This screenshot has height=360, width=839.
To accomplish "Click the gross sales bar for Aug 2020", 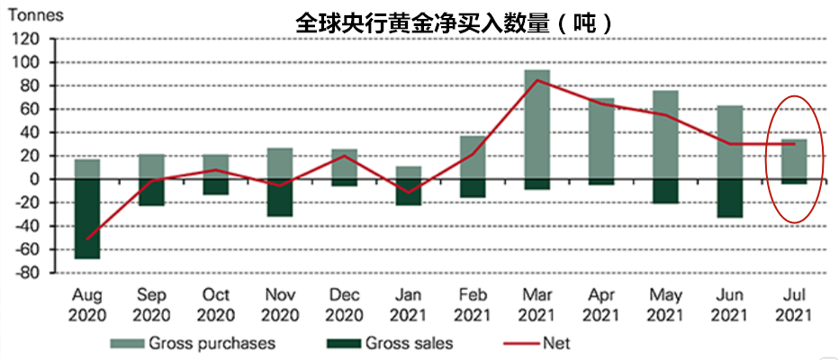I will pyautogui.click(x=86, y=219).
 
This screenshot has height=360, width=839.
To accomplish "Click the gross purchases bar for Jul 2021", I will pyautogui.click(x=794, y=158).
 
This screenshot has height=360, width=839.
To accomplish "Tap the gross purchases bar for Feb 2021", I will pyautogui.click(x=473, y=157).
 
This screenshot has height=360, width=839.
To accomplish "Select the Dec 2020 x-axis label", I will pyautogui.click(x=344, y=305).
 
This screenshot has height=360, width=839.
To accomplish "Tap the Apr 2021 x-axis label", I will pyautogui.click(x=601, y=305).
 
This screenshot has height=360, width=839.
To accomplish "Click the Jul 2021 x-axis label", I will pyautogui.click(x=794, y=305).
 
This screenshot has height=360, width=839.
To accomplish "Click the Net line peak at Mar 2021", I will pyautogui.click(x=537, y=80).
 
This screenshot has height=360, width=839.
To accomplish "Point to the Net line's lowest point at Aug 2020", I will pyautogui.click(x=87, y=239).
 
